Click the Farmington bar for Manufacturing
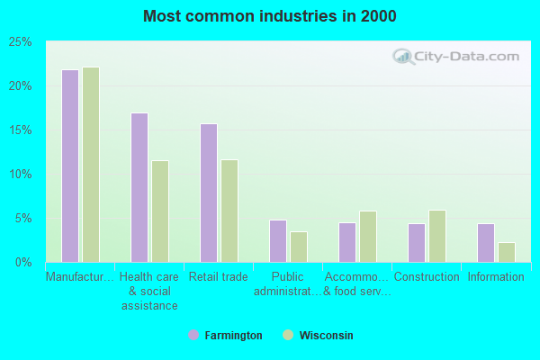coord(70,166)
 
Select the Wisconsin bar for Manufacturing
coord(91,165)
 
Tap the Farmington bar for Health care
coord(139,187)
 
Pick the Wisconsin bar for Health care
coord(160,211)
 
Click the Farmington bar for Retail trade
coord(209,193)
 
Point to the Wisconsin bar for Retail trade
coord(229,211)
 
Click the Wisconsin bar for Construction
coord(437,236)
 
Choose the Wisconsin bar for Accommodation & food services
coord(368,237)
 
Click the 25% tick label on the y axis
coord(21,42)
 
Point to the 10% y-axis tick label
coord(21,175)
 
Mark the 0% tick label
coord(24,263)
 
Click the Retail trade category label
coord(219,277)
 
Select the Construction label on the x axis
coord(427,277)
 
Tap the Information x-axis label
coord(496,277)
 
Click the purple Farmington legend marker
coord(193,336)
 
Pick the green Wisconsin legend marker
coord(288,336)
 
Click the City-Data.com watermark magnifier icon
coord(404,57)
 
